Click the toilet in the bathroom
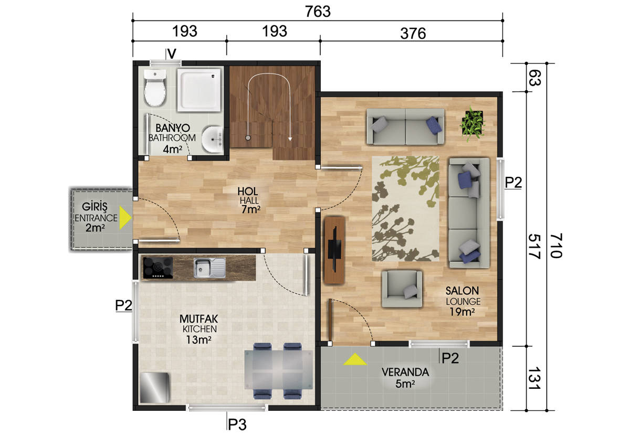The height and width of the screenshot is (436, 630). [154, 88]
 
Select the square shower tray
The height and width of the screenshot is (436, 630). [199, 90]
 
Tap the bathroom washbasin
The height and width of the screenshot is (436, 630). [212, 140]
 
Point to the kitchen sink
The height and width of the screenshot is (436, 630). [209, 268]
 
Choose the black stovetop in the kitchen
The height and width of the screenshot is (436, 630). [158, 268]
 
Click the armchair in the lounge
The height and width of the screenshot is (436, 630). [402, 289]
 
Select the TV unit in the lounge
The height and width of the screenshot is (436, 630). [334, 250]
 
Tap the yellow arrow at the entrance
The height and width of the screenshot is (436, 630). [125, 218]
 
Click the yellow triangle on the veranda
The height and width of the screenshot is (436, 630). [355, 359]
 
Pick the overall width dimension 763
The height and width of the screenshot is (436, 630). [318, 12]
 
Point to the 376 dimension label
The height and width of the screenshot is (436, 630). [413, 34]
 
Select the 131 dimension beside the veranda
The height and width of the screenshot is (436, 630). [534, 378]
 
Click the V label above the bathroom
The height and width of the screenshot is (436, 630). [172, 54]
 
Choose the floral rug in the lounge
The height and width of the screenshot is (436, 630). [405, 209]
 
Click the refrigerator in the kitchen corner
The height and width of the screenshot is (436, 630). [154, 388]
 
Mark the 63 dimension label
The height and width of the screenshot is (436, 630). [534, 78]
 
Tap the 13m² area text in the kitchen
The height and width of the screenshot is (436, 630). [198, 339]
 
